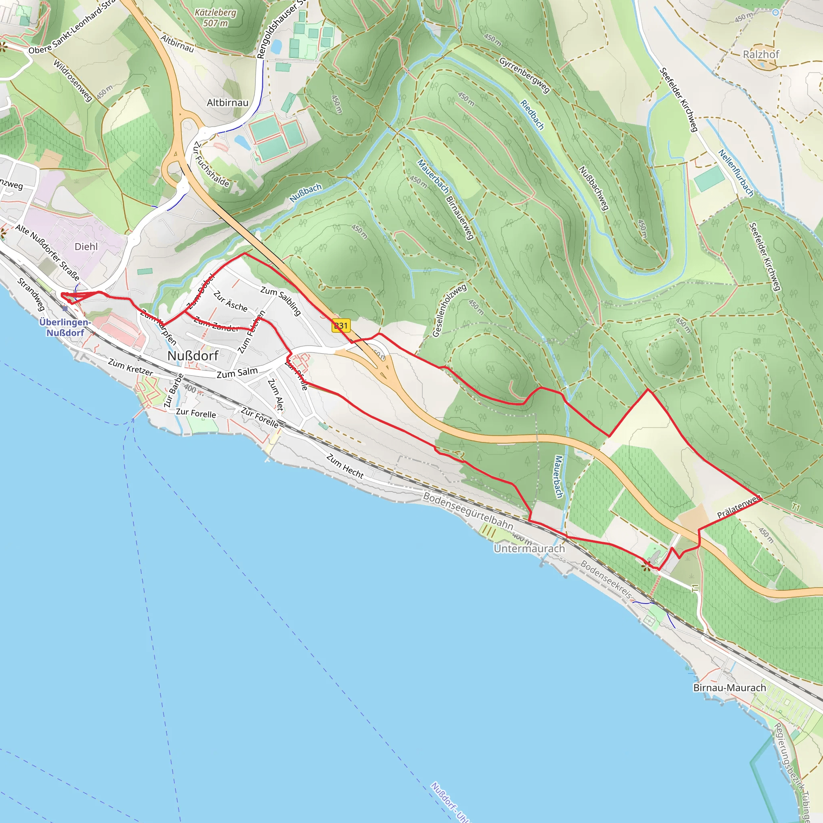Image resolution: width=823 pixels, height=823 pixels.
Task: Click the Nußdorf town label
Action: [x=192, y=356]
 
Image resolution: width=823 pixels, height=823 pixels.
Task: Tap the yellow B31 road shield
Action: [x=341, y=326]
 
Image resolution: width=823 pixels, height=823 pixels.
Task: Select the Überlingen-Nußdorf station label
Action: [x=65, y=327]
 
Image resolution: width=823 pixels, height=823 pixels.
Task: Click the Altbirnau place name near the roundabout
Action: [x=227, y=102]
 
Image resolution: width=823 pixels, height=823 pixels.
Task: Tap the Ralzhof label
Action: [x=761, y=55]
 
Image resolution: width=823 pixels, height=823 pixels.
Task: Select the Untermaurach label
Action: [x=529, y=548]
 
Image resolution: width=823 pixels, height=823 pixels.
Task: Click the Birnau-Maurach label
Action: [x=729, y=688]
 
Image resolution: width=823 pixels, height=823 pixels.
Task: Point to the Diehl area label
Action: [x=86, y=247]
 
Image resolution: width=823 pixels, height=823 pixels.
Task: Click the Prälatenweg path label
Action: [x=738, y=507]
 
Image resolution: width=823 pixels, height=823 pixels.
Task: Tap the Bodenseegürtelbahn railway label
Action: [x=468, y=511]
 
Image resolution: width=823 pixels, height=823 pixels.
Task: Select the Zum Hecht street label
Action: [x=345, y=466]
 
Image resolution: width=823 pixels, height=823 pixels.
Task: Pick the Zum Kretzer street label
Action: [x=130, y=367]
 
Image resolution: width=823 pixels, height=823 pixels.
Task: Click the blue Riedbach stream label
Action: [x=532, y=115]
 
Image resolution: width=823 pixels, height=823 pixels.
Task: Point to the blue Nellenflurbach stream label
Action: [x=736, y=172]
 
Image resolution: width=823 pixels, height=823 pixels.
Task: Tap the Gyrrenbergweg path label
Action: [x=524, y=75]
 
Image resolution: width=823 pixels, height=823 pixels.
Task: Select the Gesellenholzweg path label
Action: [x=449, y=311]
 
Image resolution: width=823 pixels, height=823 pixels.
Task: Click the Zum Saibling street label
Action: [x=281, y=301]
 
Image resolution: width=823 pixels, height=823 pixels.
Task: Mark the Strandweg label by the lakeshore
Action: [x=31, y=294]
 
